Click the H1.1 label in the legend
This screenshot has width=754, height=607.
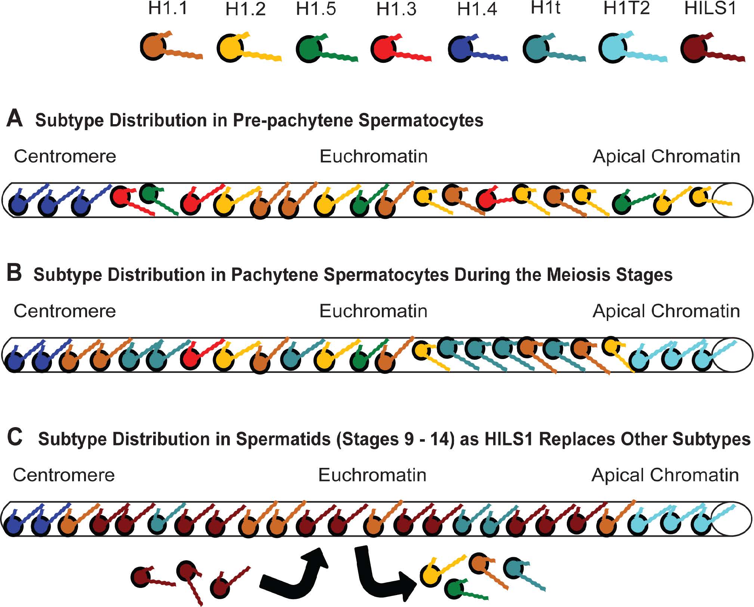[x=168, y=8]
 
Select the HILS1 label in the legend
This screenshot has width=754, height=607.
[x=710, y=8]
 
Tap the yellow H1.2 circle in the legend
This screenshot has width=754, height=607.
[x=230, y=48]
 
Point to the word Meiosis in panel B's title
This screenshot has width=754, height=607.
[x=579, y=275]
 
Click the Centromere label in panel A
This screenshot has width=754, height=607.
[x=65, y=156]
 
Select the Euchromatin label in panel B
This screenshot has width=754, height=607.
[x=373, y=311]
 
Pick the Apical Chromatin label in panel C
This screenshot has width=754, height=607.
[x=665, y=475]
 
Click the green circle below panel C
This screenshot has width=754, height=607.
[x=456, y=588]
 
